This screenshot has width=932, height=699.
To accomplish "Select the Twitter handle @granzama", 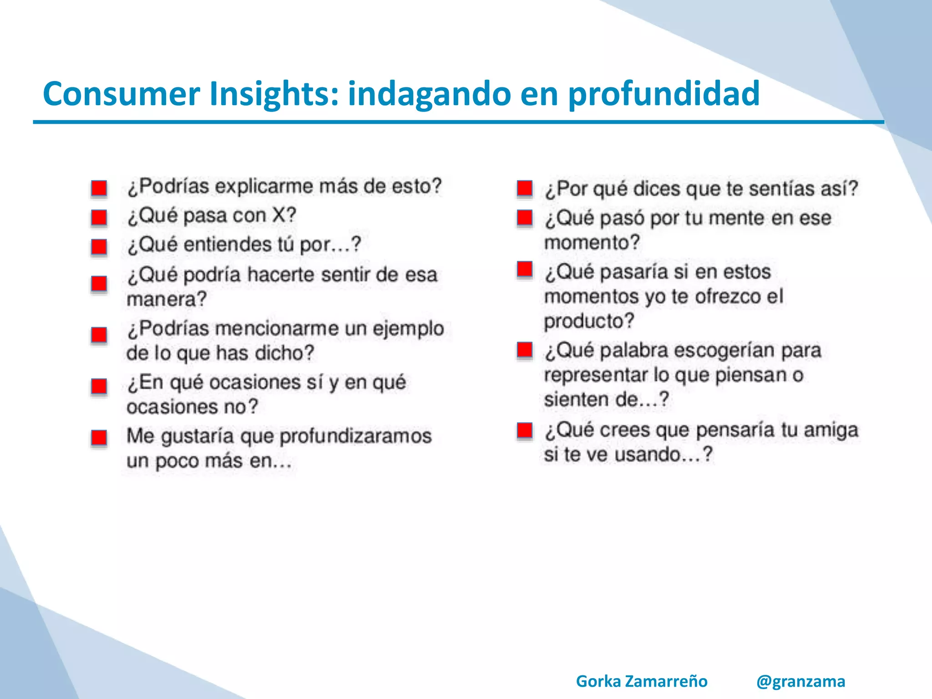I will (x=800, y=681).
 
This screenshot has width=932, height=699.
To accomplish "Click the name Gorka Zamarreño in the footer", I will (x=642, y=681).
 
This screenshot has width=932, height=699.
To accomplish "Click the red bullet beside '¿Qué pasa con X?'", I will (x=99, y=217).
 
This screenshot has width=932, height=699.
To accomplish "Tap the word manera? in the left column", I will (x=167, y=299).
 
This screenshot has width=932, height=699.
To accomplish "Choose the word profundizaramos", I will (x=355, y=436).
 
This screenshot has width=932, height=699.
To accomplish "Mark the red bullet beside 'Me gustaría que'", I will (x=99, y=438).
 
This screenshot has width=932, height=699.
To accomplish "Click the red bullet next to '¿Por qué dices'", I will (x=525, y=188).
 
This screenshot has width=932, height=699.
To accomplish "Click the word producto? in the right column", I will (x=589, y=321).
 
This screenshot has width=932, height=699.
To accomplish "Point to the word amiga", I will (x=831, y=430).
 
